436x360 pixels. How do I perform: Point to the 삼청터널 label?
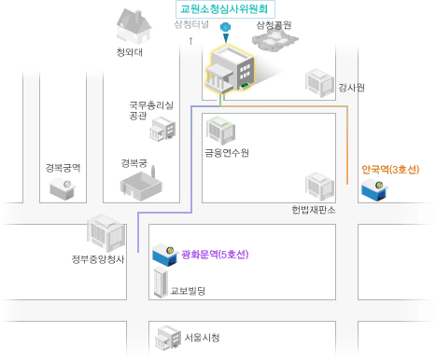[x=191, y=24]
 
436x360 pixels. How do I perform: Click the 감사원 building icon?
[x=320, y=82]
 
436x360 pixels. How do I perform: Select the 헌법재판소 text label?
[x=313, y=209]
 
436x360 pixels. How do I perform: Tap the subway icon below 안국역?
[x=378, y=192]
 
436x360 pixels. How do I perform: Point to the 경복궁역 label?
[x=63, y=168]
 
